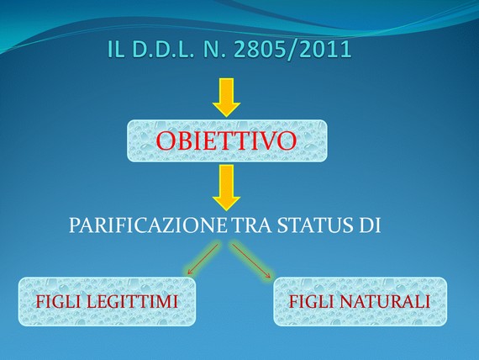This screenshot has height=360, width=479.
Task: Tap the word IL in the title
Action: click(x=116, y=50)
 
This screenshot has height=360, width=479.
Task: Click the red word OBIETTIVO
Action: click(x=226, y=141)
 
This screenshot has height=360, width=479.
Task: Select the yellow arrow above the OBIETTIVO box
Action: click(x=226, y=98)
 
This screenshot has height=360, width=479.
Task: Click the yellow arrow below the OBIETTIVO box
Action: click(x=226, y=188)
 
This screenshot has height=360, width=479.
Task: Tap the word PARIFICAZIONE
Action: click(x=148, y=225)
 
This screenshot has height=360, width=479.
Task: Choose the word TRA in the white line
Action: click(x=252, y=225)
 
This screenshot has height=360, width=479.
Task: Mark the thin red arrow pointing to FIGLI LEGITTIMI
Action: click(x=203, y=259)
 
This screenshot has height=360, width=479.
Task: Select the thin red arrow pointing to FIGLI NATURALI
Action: click(x=251, y=261)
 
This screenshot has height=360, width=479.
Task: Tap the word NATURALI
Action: click(x=385, y=302)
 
